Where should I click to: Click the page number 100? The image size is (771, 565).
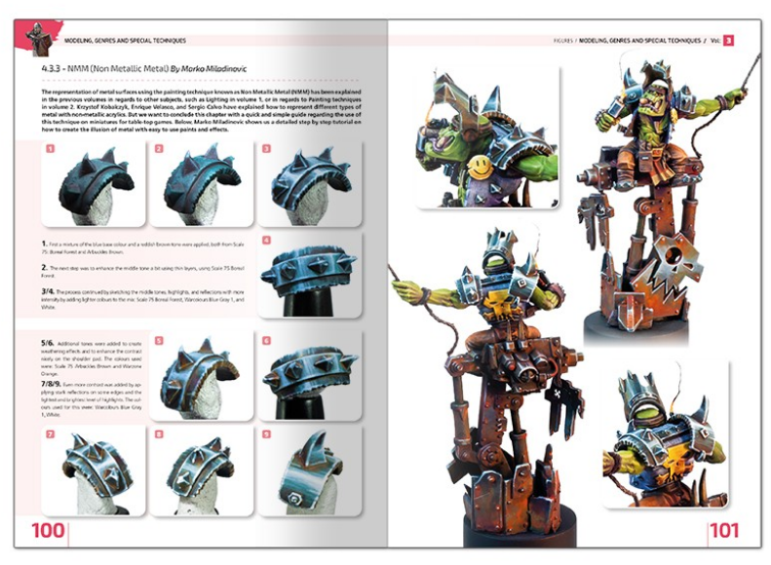tap(48, 531)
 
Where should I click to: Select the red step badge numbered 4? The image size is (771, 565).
tap(267, 240)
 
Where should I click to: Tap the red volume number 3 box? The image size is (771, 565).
tap(727, 40)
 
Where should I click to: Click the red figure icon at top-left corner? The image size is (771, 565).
tap(36, 36)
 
